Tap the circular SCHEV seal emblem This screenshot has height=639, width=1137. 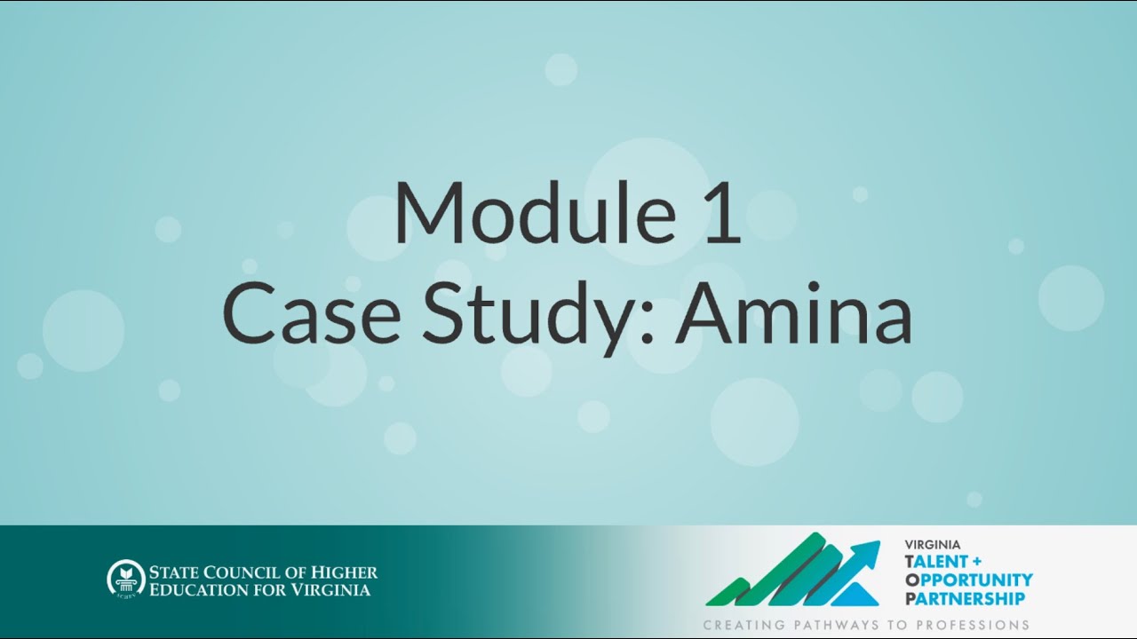click(x=124, y=579)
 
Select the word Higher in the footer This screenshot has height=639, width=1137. click(x=346, y=572)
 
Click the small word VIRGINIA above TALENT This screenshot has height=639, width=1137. click(x=934, y=545)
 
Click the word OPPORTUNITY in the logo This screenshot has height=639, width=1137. click(x=968, y=580)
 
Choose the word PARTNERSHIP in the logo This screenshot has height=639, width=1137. click(x=964, y=598)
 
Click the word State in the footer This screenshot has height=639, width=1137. click(x=173, y=572)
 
